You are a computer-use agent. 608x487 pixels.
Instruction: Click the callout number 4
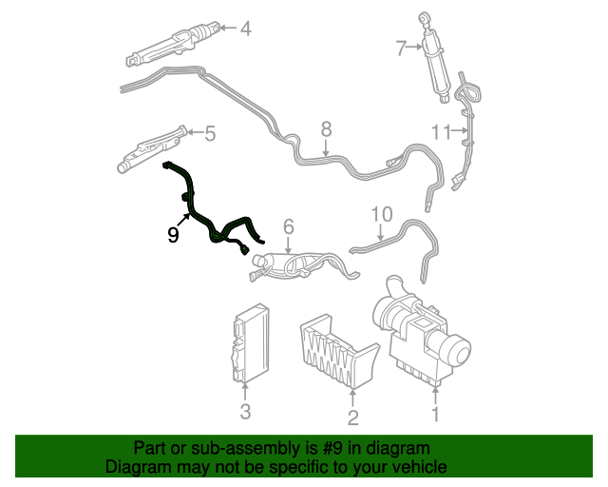[x=245, y=29]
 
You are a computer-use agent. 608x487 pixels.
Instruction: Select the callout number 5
[x=210, y=134]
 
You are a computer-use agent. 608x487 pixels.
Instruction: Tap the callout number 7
[x=402, y=46]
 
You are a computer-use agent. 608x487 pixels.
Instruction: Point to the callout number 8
[x=326, y=128]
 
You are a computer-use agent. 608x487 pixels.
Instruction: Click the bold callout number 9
[x=173, y=234]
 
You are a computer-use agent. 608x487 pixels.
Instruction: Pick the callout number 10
[x=381, y=213]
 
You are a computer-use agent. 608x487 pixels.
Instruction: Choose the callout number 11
[x=441, y=131]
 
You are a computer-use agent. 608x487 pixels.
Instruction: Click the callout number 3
[x=245, y=411]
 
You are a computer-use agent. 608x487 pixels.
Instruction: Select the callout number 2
[x=352, y=417]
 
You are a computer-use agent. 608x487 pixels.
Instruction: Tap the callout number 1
[x=436, y=414]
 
